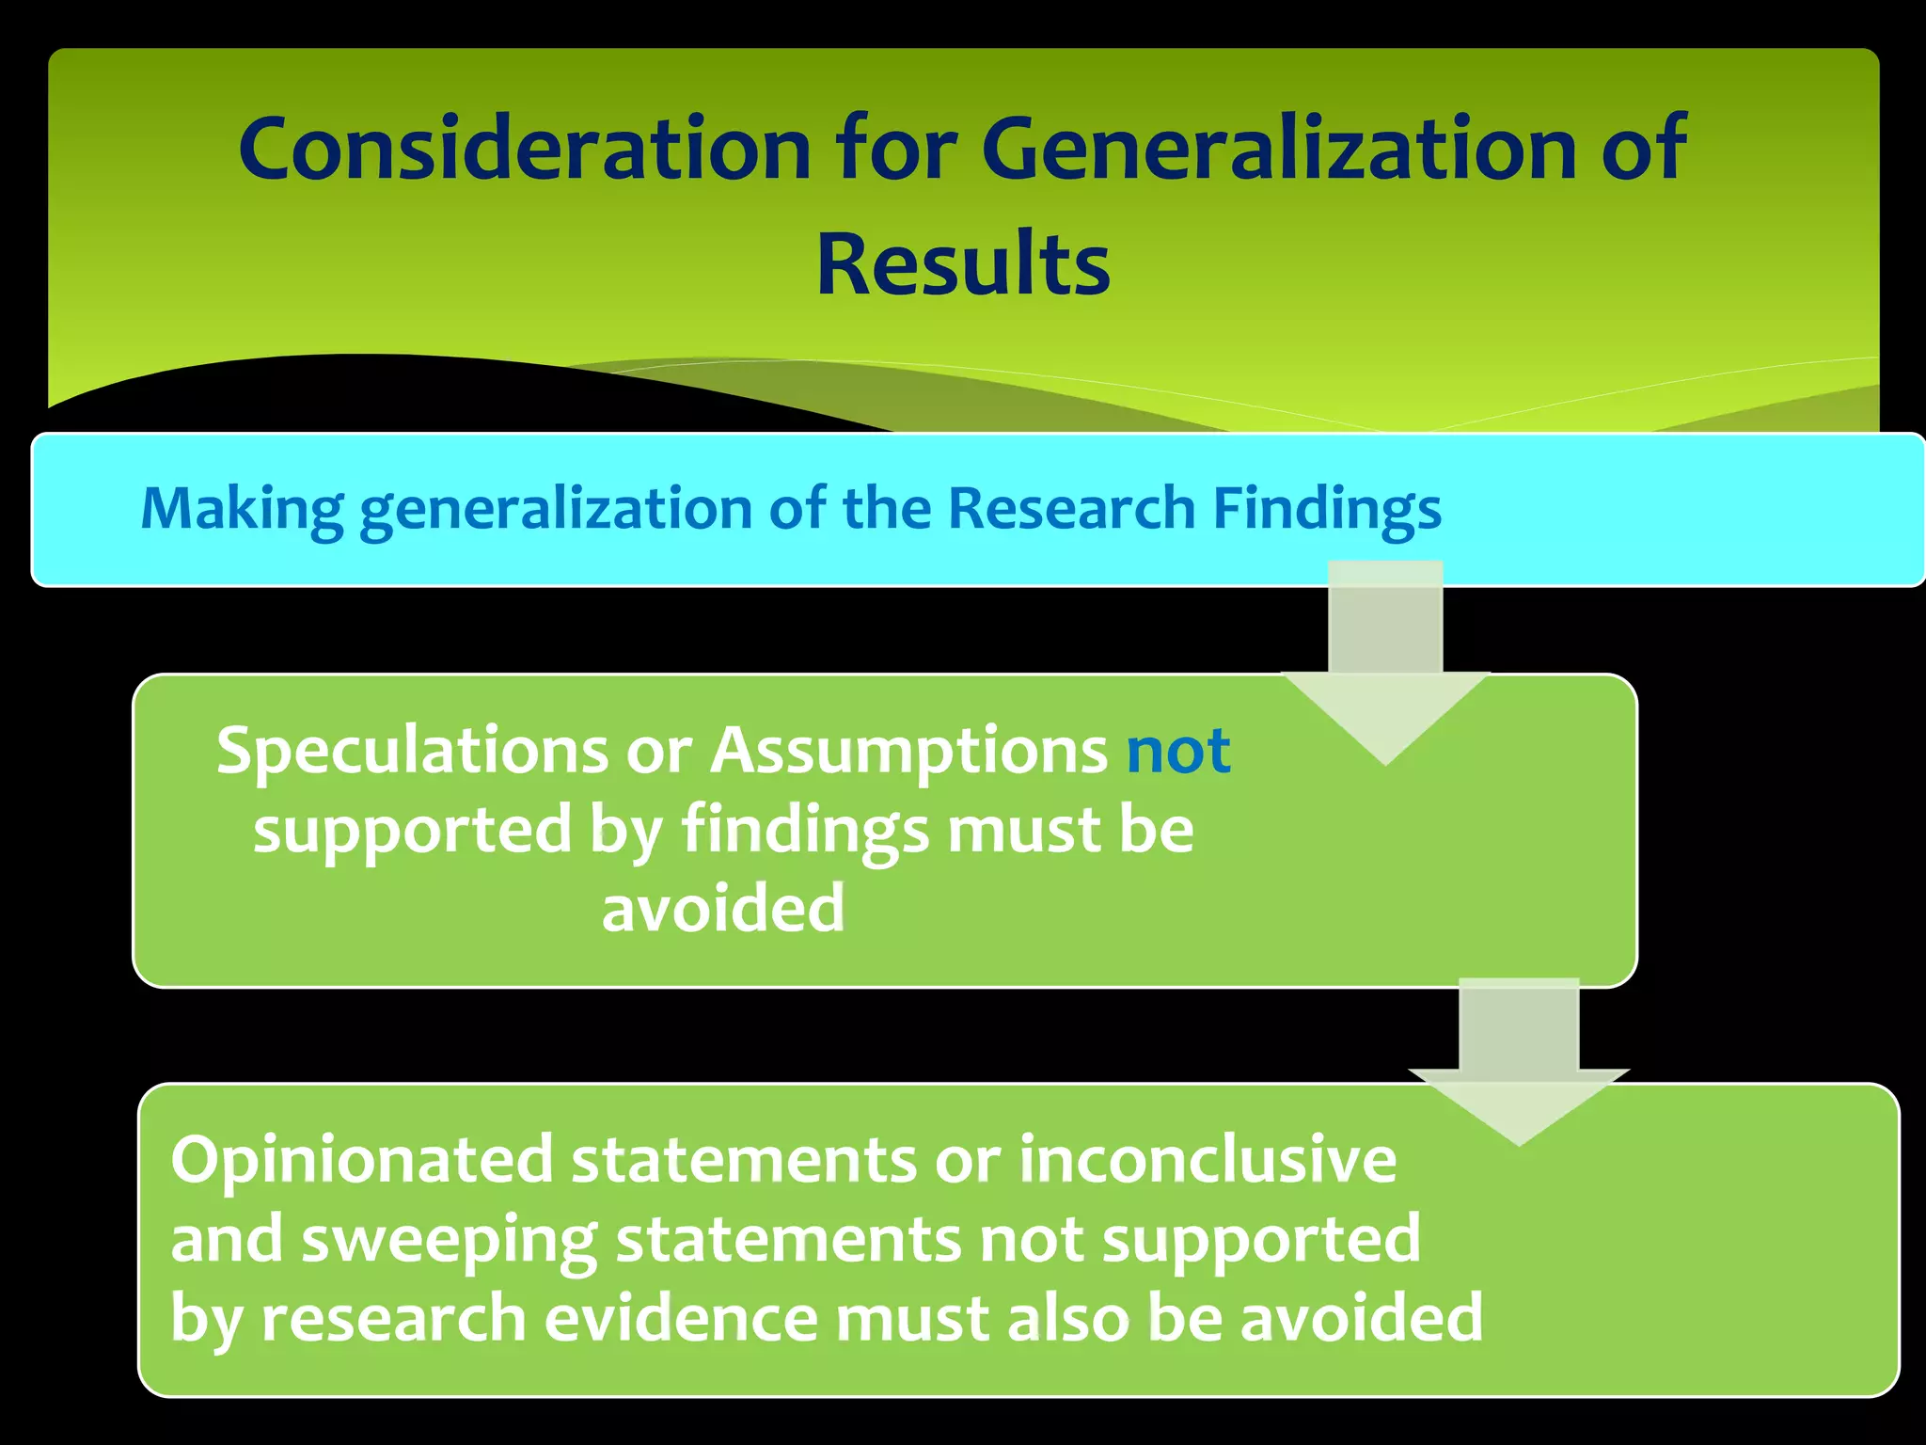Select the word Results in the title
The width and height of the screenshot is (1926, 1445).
[x=963, y=265]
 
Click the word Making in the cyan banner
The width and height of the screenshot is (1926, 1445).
[x=242, y=509]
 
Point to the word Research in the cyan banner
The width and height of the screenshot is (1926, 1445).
[x=1070, y=509]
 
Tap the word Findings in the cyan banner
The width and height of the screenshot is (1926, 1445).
[x=1326, y=509]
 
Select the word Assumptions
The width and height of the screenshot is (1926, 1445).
[x=908, y=751]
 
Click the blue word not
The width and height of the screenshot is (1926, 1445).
[x=1178, y=751]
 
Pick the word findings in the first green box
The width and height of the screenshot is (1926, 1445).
[x=805, y=831]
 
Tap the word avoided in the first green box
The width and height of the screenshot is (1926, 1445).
[x=723, y=909]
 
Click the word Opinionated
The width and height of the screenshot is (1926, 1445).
[x=362, y=1160]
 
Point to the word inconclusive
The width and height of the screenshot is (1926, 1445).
[x=1208, y=1160]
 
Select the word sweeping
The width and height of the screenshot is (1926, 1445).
[x=449, y=1240]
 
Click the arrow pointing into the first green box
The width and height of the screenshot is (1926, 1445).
[x=1385, y=668]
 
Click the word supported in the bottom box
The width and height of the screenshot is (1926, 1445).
[x=1261, y=1240]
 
